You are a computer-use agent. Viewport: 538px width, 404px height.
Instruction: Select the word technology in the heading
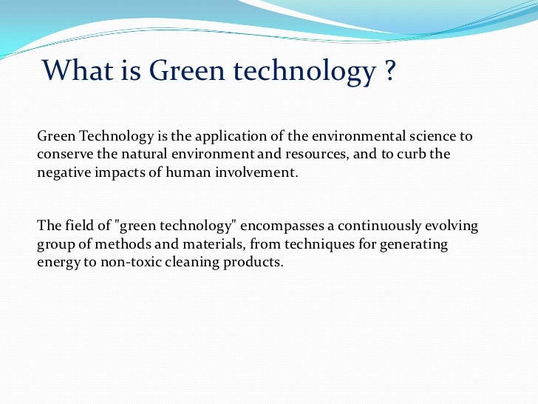[x=303, y=71]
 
